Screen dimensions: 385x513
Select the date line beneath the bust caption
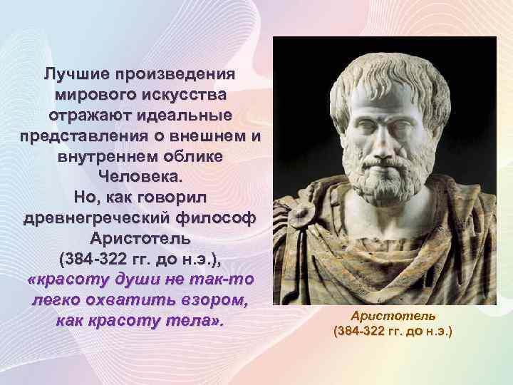click(393, 332)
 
